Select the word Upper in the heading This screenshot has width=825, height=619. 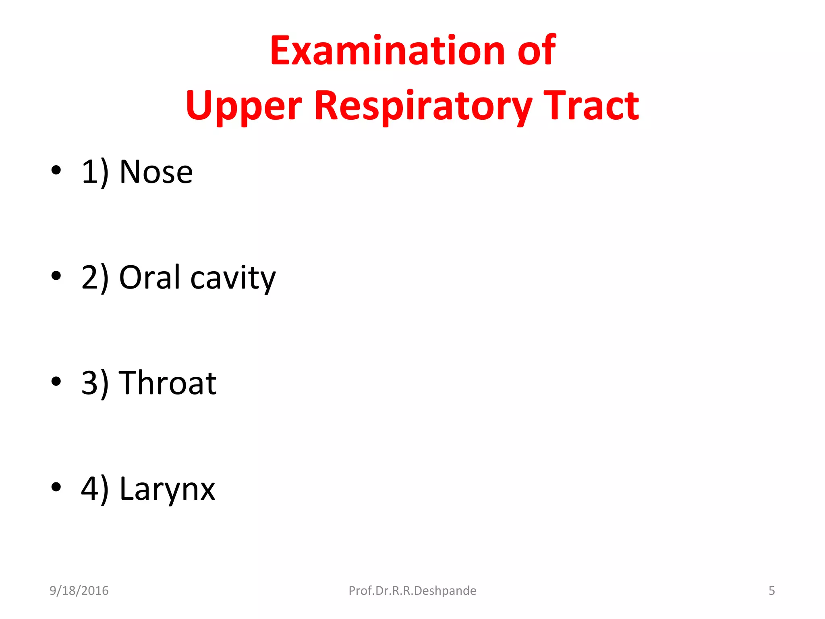pos(243,106)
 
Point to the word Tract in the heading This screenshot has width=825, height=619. pos(591,106)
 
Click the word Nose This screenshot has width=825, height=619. pos(156,172)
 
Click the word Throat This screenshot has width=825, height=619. pos(168,383)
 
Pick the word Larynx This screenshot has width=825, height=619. pos(168,489)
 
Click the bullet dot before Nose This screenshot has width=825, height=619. pos(56,170)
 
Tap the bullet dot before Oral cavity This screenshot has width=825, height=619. pos(56,276)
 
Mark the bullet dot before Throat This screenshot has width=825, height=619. pos(56,381)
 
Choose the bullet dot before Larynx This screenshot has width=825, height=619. pos(56,487)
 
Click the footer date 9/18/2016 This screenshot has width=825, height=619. pos(79,591)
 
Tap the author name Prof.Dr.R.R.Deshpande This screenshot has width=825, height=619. pos(412,591)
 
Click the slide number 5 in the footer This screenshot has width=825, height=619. pos(771,591)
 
